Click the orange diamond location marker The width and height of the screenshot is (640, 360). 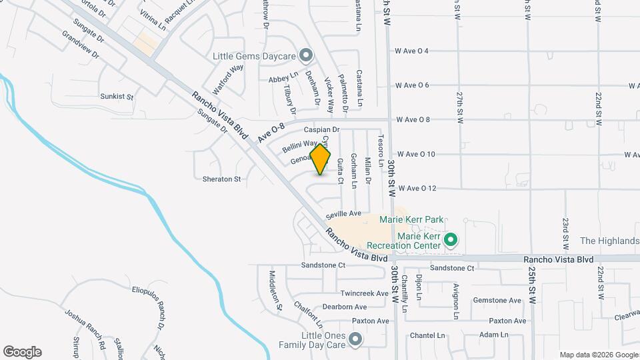pyautogui.click(x=321, y=159)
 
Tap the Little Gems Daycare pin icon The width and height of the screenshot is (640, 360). pyautogui.click(x=306, y=55)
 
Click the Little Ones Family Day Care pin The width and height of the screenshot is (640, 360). pyautogui.click(x=355, y=340)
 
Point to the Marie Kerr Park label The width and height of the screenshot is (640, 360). pyautogui.click(x=411, y=219)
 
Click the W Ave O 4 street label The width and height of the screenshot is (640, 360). pyautogui.click(x=421, y=51)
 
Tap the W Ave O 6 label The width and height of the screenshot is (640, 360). pyautogui.click(x=421, y=85)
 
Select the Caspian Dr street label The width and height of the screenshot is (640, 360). pyautogui.click(x=322, y=129)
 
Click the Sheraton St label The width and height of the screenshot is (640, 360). pyautogui.click(x=221, y=179)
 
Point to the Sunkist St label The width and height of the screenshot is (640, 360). pyautogui.click(x=117, y=97)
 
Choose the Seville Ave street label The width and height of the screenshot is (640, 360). pyautogui.click(x=343, y=214)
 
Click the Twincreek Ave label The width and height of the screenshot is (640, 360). pyautogui.click(x=364, y=293)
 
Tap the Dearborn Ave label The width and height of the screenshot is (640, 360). pyautogui.click(x=345, y=307)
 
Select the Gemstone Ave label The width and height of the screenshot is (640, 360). pyautogui.click(x=497, y=301)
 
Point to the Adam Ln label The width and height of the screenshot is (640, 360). pyautogui.click(x=494, y=335)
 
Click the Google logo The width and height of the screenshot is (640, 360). pyautogui.click(x=22, y=352)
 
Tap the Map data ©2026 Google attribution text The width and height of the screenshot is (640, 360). pyautogui.click(x=598, y=355)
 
